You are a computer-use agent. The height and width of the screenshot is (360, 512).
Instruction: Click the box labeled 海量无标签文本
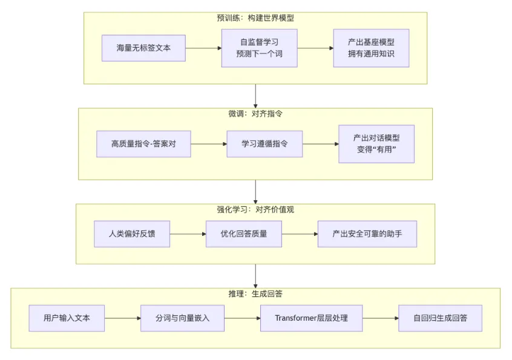coord(143,48)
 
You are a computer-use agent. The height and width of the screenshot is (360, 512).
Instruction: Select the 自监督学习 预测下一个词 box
coord(259,48)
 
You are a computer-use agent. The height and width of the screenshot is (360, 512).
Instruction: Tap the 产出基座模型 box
coord(371,48)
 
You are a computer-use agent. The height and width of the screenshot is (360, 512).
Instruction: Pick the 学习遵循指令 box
coord(264,144)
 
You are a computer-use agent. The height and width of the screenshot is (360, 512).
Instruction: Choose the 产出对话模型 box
coord(376,144)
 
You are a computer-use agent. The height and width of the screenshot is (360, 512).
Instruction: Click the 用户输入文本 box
coord(67,318)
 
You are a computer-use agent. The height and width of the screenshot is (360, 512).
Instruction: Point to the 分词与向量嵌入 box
coord(182,318)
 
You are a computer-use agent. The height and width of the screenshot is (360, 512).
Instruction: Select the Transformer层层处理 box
coord(311,318)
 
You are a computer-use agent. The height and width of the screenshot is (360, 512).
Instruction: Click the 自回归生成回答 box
coord(440,318)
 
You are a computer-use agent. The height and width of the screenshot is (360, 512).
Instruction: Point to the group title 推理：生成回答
coord(255,294)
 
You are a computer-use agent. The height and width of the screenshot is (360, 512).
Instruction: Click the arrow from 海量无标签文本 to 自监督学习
coord(203,48)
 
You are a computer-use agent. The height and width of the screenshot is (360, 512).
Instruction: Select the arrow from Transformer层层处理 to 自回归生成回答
coord(380,318)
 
